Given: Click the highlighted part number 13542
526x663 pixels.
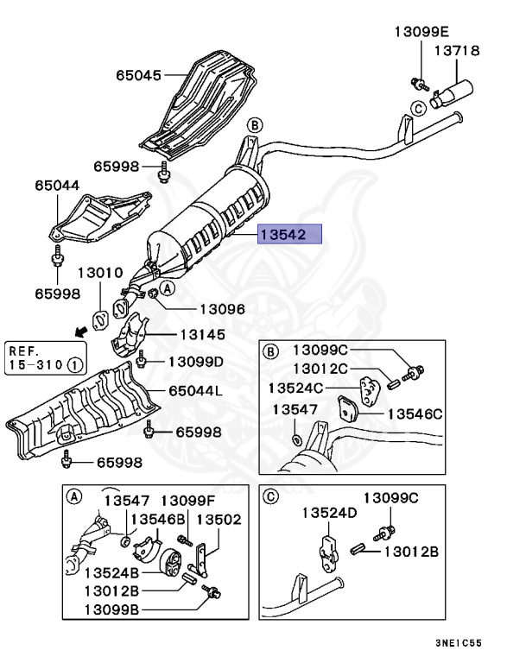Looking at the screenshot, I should coord(289,234).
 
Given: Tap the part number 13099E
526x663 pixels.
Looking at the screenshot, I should coord(422,31).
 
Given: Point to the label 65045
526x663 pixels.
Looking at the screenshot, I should coord(139,75).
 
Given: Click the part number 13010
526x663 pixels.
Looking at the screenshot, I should coord(101,273).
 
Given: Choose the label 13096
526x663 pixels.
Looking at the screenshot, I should coord(222,308).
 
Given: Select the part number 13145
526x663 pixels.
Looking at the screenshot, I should coord(202,335).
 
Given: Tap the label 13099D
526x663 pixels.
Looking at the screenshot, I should coord(195,361).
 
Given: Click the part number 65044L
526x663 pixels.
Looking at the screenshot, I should coord(194,391).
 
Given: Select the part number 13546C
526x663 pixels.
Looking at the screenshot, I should coord(414,414).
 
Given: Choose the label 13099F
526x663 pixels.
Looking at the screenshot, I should coord(189,500).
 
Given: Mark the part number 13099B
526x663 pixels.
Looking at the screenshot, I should coord(112,609).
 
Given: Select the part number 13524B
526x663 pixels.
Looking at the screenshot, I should coord(112,571).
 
